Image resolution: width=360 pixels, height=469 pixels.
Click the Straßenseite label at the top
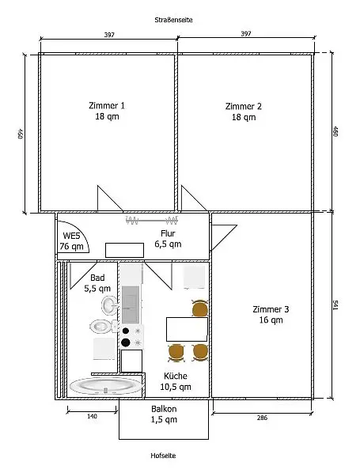pos(173,20)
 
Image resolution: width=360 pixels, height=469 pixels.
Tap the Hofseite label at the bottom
pos(163,456)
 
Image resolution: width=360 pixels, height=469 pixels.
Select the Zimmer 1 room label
pos(107,106)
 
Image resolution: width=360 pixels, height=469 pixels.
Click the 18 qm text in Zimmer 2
pos(244,117)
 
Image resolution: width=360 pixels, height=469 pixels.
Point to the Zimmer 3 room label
pos(271,309)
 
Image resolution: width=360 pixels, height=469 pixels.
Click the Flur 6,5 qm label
pos(168,239)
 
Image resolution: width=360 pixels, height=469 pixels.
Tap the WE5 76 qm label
pos(71,241)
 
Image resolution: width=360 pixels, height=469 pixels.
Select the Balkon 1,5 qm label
pos(164,414)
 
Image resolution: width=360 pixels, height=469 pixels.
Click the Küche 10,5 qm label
pos(176,381)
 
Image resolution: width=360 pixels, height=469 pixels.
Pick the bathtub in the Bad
pos(106,386)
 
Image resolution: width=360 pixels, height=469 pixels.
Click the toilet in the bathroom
pos(103,327)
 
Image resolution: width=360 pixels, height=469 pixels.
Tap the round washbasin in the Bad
pos(108,305)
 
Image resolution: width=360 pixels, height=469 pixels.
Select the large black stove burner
pos(126,342)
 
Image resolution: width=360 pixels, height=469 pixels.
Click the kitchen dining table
pos(187,329)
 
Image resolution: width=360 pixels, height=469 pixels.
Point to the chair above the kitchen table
pos(200,308)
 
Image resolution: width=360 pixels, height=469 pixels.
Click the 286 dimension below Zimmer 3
pos(262,418)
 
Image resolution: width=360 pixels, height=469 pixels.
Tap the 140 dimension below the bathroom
pos(92,416)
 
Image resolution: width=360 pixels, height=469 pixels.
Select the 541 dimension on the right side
pos(335,306)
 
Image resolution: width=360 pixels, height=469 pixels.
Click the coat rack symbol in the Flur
pos(152,221)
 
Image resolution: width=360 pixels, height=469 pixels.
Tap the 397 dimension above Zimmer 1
pos(109,35)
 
